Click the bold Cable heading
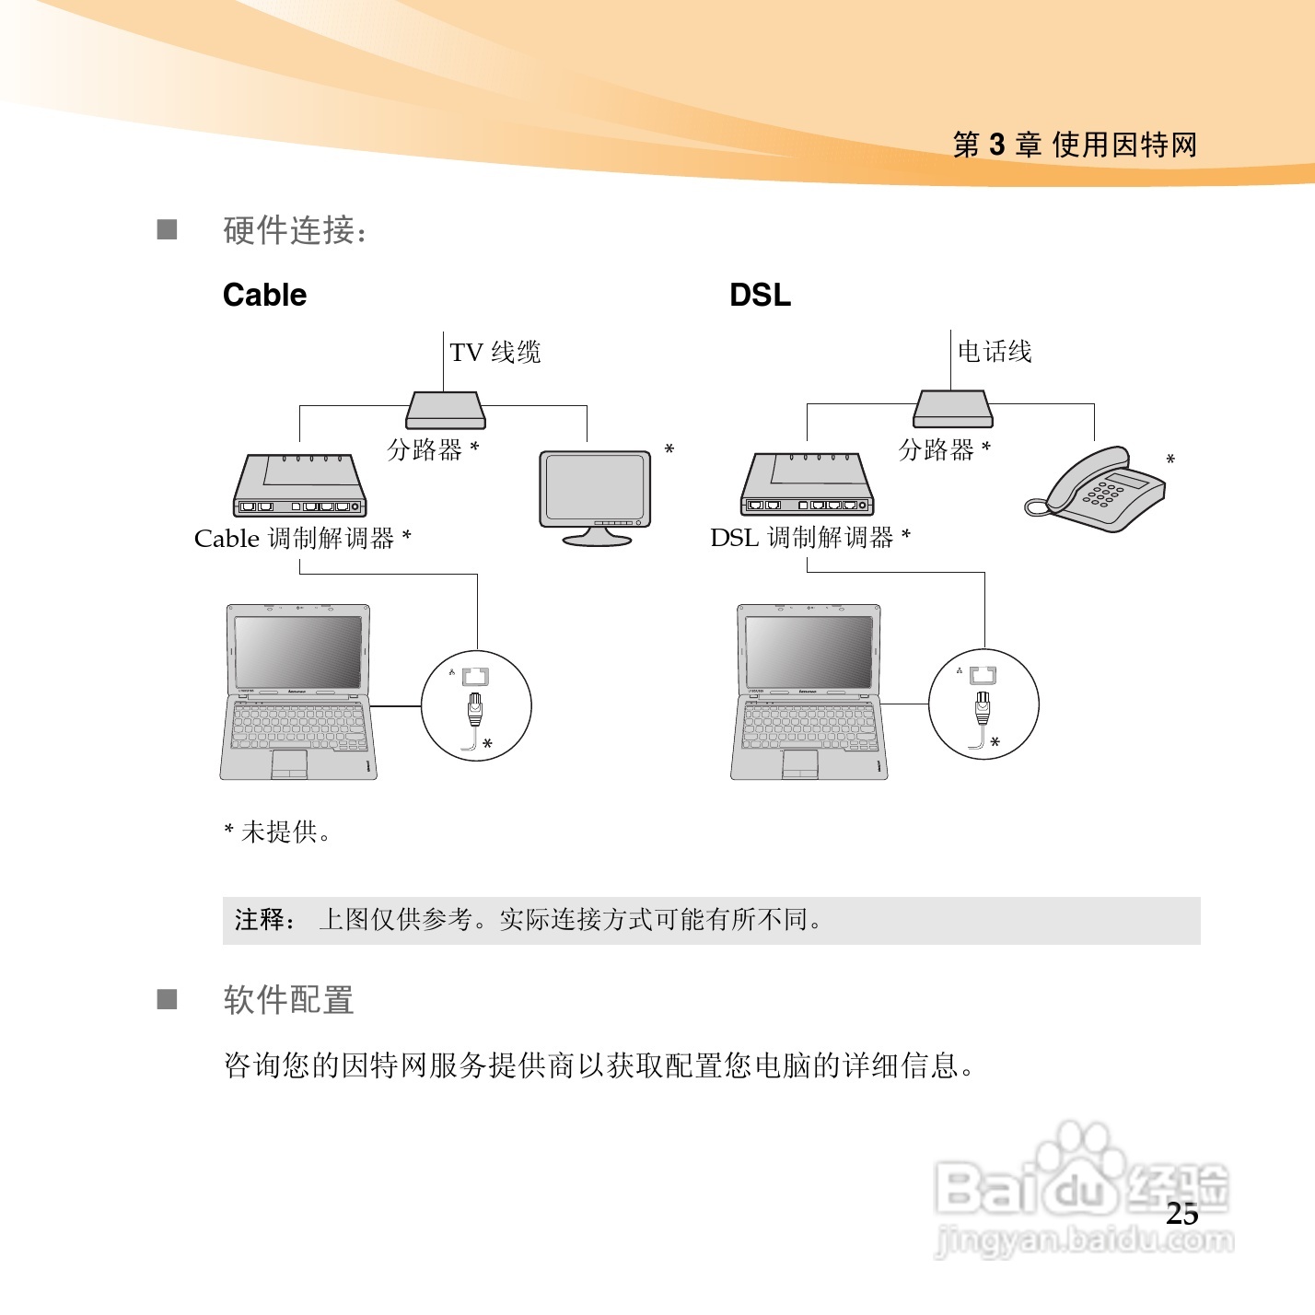point(264,295)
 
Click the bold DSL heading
point(760,295)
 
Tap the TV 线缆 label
point(495,352)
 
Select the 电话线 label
point(995,351)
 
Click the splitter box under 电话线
point(953,410)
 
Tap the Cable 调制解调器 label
point(296,539)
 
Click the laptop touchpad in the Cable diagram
point(289,762)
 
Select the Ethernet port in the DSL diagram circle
point(983,676)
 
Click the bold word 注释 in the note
point(261,919)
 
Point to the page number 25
point(1182,1214)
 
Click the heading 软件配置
point(289,1000)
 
